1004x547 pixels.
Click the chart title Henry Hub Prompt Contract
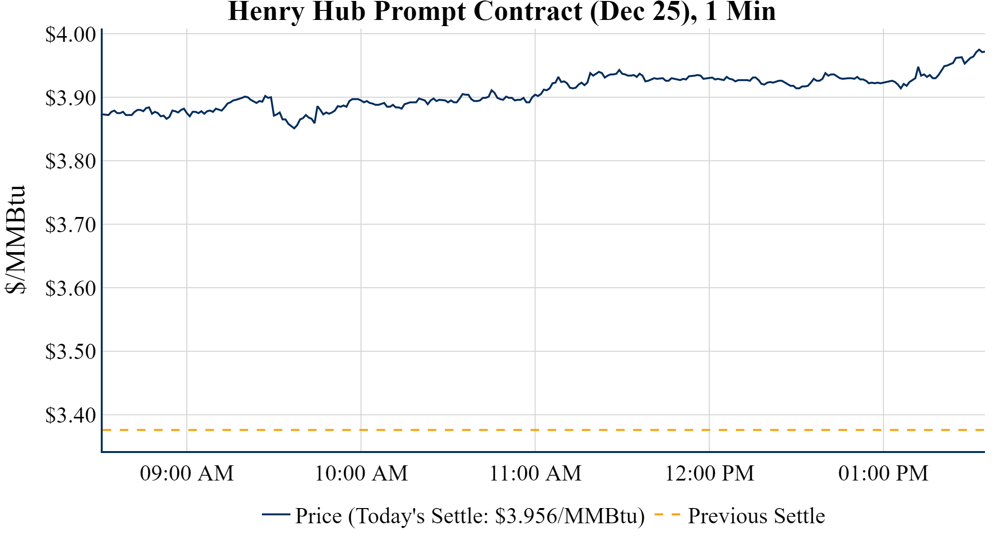[x=502, y=11]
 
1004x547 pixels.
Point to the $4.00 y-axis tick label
[x=70, y=34]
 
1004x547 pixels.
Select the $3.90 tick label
[x=70, y=98]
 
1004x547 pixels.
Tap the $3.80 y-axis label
[x=70, y=161]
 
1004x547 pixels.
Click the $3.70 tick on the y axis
[x=70, y=225]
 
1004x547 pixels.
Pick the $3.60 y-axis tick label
[x=70, y=288]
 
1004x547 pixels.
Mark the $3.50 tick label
[x=70, y=352]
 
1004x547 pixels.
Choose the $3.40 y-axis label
[x=70, y=415]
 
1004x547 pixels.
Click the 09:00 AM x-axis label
[x=187, y=473]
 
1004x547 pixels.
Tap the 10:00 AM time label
[x=361, y=473]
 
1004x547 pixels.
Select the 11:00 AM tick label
[x=535, y=473]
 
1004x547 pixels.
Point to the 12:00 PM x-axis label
[x=709, y=473]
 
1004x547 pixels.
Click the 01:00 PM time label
[x=883, y=473]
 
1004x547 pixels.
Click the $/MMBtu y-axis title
[x=15, y=240]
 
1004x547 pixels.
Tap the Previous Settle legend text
[x=756, y=516]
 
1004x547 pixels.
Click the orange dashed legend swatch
[x=667, y=515]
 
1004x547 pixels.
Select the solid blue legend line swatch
[x=276, y=515]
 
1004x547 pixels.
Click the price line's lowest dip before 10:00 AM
[x=294, y=128]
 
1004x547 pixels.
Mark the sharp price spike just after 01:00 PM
[x=918, y=67]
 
